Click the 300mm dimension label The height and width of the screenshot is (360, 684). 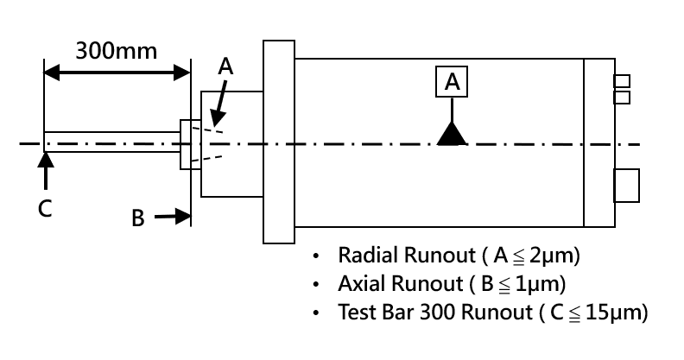tap(117, 49)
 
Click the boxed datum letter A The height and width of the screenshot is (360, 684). tap(453, 81)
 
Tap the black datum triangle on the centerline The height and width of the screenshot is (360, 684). tap(452, 134)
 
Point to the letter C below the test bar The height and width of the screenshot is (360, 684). tap(45, 208)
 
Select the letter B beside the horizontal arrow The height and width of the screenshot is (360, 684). tap(137, 218)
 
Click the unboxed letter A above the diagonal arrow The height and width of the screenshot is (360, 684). tap(225, 66)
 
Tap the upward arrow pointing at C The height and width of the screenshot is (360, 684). tap(45, 171)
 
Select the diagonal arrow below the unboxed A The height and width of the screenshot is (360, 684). tap(218, 103)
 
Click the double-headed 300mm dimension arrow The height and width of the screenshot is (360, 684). tap(117, 72)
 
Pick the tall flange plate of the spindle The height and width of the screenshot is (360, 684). tap(278, 142)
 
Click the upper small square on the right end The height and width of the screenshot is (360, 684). tap(621, 81)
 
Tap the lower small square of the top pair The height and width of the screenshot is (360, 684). tap(621, 97)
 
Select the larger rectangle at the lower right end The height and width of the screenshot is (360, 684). tap(625, 186)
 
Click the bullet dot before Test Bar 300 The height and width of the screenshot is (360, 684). tap(316, 312)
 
